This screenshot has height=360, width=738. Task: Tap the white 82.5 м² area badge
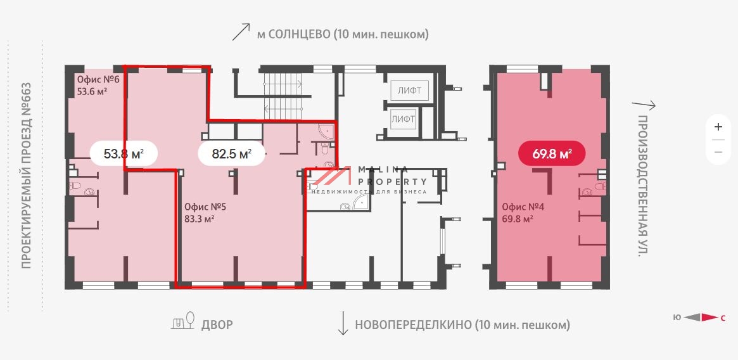(231, 153)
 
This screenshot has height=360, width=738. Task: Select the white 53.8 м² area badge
(123, 153)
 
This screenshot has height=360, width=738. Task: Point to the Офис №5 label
(205, 207)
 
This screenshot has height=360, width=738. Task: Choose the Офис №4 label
(523, 207)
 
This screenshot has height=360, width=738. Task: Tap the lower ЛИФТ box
(403, 119)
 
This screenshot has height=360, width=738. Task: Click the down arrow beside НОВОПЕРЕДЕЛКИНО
(343, 324)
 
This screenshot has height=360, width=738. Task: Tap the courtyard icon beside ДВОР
(184, 322)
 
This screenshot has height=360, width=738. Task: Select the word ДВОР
(217, 325)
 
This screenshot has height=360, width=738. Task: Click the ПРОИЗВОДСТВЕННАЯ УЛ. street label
(643, 186)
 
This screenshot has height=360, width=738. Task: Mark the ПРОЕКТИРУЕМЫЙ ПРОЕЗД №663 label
(26, 174)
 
